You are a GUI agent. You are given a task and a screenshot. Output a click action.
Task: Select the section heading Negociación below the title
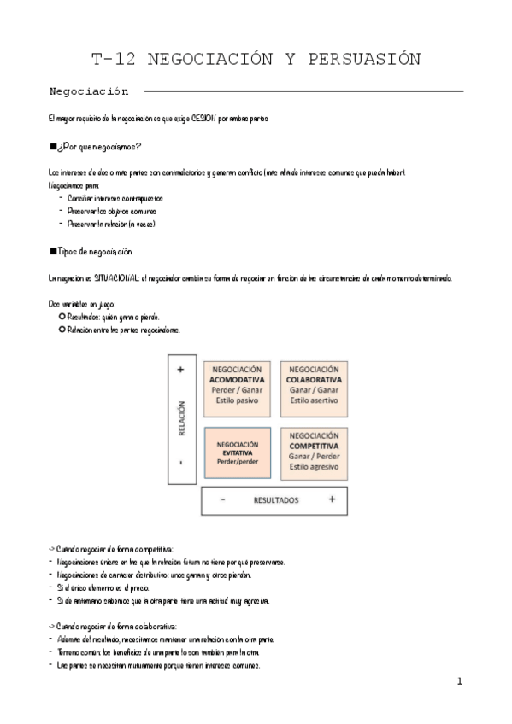(89, 90)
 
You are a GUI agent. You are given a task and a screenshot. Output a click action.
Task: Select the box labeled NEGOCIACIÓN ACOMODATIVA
(237, 385)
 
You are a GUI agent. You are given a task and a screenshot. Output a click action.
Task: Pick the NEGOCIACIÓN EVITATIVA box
(237, 453)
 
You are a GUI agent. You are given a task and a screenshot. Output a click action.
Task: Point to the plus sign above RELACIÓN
(181, 370)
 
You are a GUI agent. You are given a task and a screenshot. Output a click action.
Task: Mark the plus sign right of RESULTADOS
(332, 499)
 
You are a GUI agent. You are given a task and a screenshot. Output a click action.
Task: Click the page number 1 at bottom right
(459, 680)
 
